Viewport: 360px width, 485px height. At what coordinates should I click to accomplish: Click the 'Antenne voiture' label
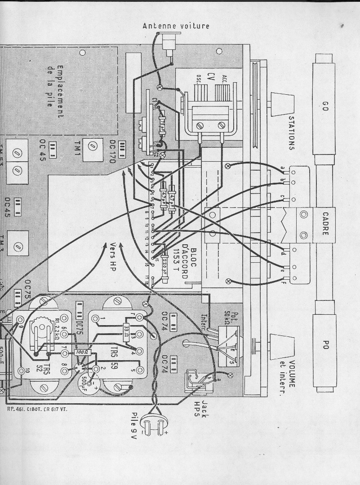[x=176, y=26]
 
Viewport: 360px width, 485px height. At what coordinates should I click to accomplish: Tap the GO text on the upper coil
[x=326, y=106]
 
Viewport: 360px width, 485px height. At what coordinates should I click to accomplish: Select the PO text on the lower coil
[x=326, y=345]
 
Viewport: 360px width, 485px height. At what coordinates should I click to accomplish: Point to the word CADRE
[x=325, y=224]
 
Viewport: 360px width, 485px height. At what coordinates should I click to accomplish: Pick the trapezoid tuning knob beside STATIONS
[x=282, y=104]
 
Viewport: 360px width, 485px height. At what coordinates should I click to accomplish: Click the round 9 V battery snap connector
[x=155, y=423]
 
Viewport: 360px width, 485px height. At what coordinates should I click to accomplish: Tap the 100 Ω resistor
[x=82, y=353]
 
